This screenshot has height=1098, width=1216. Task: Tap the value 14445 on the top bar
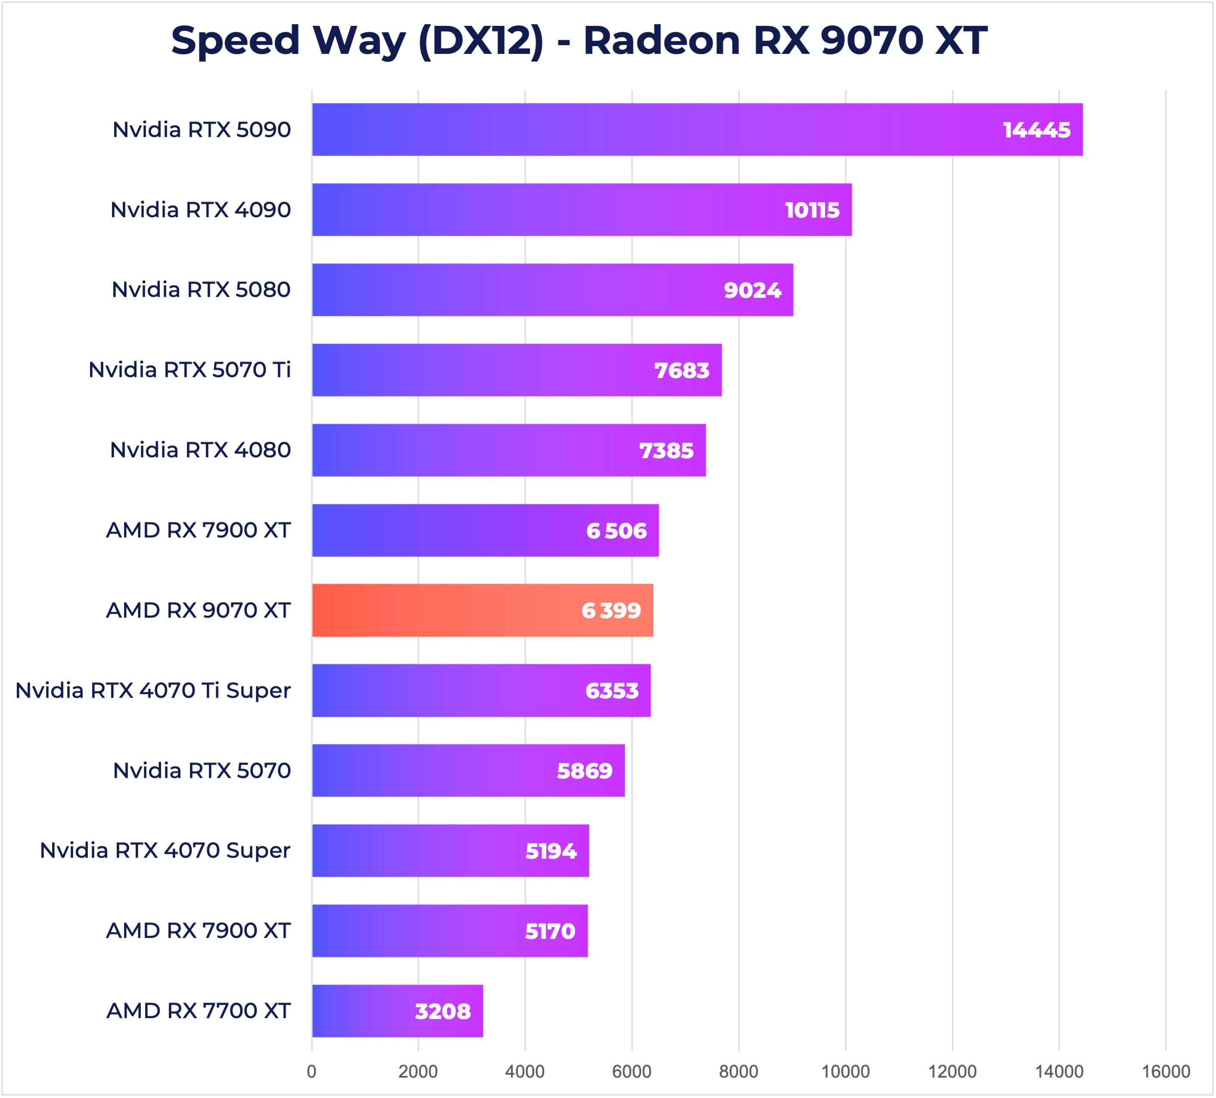(1036, 130)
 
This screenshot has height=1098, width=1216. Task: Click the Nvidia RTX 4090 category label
(200, 210)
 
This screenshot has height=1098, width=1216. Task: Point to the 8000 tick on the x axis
(738, 1071)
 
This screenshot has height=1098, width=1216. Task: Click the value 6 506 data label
(616, 530)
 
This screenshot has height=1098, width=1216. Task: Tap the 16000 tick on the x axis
(1165, 1071)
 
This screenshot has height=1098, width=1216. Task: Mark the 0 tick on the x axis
(311, 1071)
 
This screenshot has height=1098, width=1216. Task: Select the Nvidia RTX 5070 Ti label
(190, 370)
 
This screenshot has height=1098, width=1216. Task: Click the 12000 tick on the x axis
(952, 1071)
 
